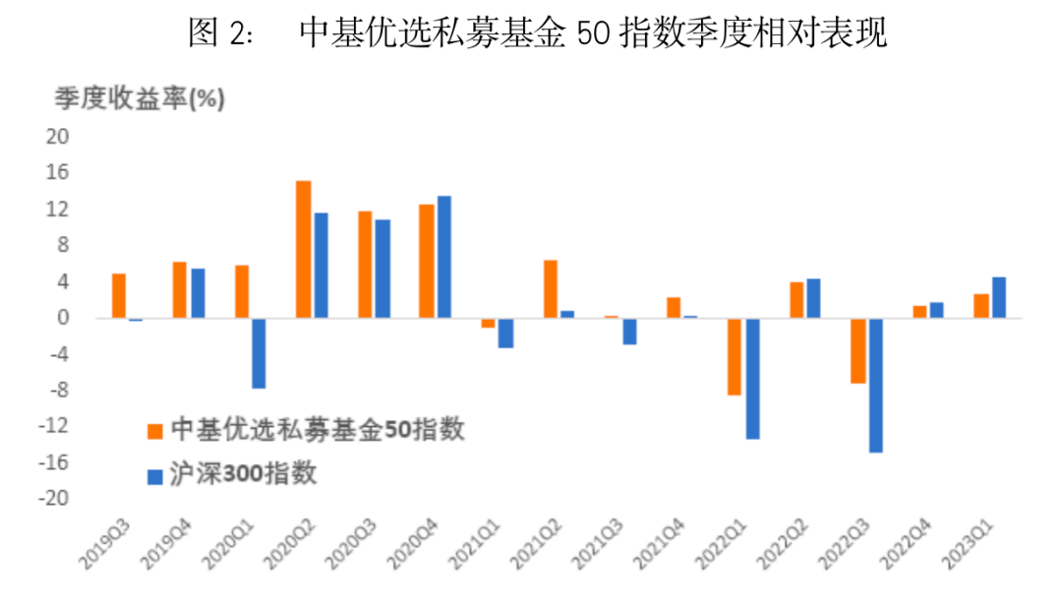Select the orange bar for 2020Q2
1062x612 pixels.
303,249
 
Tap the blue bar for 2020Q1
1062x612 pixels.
259,352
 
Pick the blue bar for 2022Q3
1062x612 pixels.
875,385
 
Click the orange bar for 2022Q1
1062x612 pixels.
734,356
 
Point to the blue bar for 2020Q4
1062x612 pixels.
444,257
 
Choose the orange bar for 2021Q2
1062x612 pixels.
550,289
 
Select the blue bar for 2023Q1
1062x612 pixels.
998,297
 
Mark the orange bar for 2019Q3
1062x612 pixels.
118,295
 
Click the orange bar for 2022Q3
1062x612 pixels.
857,350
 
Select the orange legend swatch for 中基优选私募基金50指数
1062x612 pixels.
154,430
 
